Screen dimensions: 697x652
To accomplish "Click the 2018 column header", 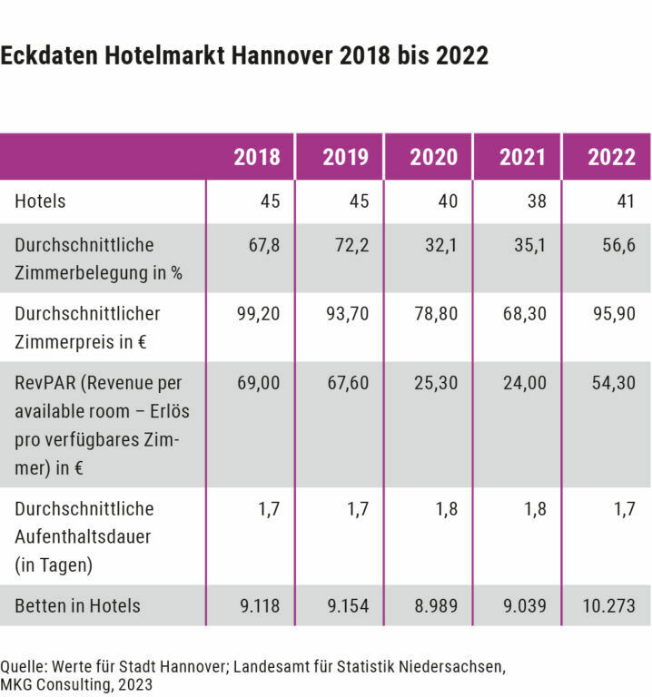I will (257, 157).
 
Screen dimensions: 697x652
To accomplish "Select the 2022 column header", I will (612, 157).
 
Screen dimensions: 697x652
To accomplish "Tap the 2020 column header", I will (434, 157).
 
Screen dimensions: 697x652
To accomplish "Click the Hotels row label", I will (40, 201).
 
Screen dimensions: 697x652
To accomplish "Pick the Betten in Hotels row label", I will (77, 605).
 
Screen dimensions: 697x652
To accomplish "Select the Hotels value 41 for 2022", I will (625, 201).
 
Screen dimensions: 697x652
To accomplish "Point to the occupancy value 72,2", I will (352, 245).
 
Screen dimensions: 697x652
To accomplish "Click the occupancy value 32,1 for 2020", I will (441, 245).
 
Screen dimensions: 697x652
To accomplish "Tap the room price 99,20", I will (259, 314).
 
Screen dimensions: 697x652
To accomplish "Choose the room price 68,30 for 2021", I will (526, 314).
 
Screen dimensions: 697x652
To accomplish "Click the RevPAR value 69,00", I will (259, 383).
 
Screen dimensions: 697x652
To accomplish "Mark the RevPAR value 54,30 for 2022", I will (615, 383).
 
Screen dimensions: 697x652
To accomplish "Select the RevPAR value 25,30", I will (437, 383).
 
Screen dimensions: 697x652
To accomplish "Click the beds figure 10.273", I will (610, 605).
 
